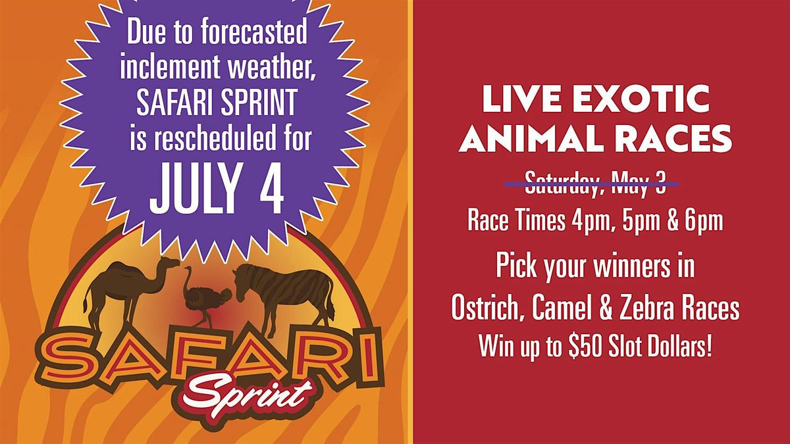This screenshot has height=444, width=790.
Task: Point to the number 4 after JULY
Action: coord(271,188)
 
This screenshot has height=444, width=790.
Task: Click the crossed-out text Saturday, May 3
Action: coord(595,184)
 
